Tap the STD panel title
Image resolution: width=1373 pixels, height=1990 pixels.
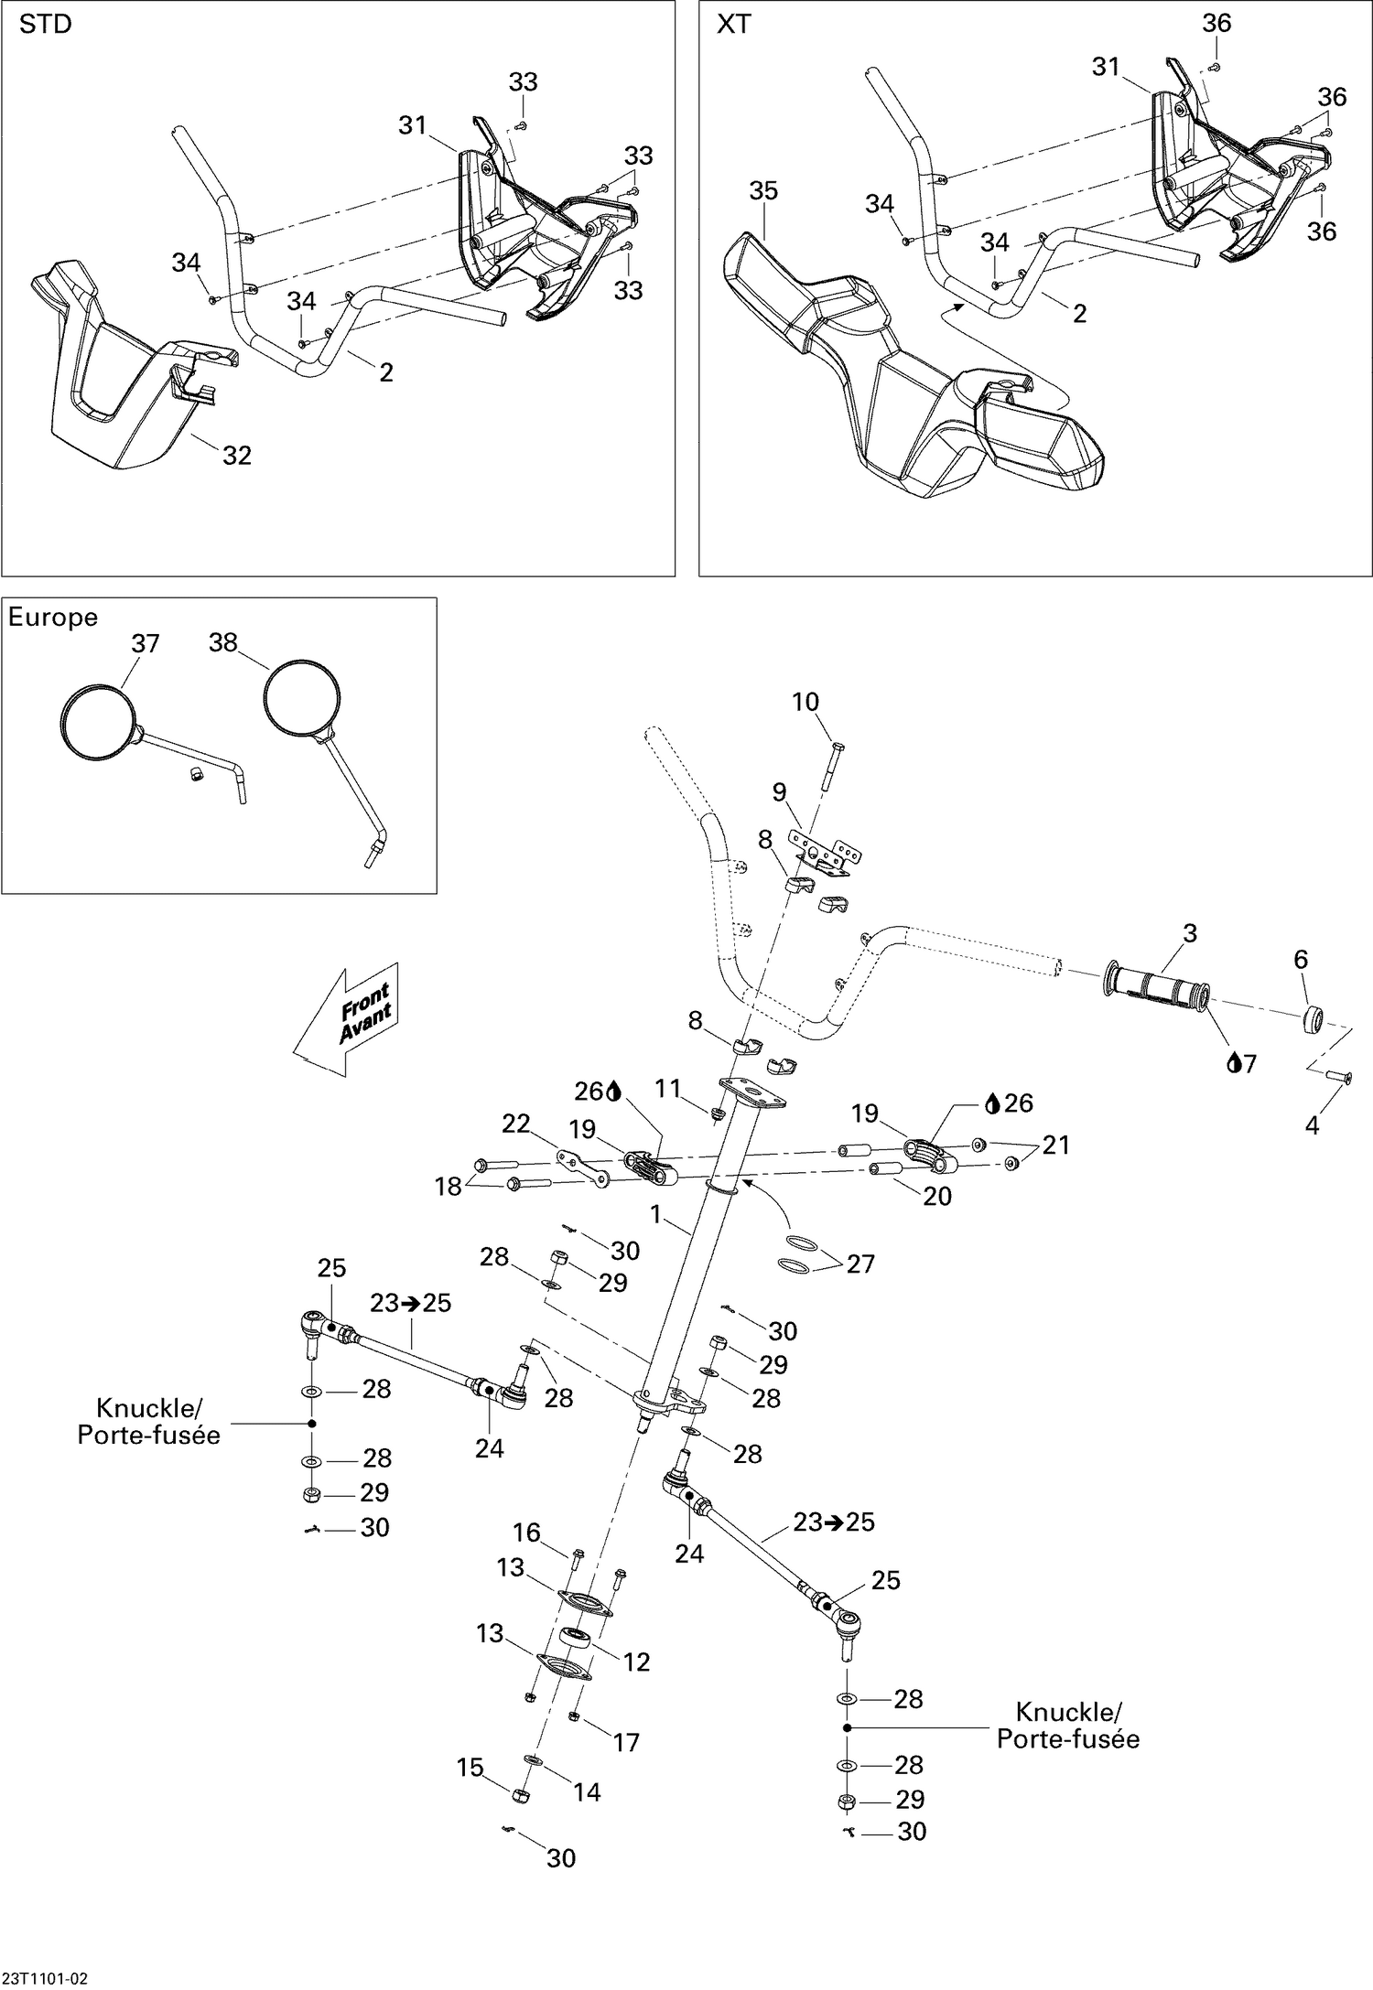click(45, 25)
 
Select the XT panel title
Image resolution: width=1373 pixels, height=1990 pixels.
click(733, 25)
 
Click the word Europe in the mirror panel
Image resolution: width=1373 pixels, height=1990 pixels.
click(52, 618)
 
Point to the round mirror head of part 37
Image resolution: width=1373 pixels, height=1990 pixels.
click(98, 722)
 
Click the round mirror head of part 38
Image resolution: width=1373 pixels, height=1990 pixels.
click(302, 698)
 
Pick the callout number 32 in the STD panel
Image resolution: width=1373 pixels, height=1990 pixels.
click(237, 455)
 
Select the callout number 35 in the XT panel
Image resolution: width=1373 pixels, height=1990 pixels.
click(762, 190)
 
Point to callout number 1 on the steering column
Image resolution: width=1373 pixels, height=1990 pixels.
click(654, 1213)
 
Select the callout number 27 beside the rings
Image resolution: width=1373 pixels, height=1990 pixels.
click(860, 1264)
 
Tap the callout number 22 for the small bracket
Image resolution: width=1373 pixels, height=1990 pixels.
click(516, 1123)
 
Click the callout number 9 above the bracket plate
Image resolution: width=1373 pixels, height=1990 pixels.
click(779, 791)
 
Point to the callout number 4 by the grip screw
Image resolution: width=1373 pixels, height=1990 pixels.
click(1312, 1125)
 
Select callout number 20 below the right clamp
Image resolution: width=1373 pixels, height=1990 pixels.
click(937, 1195)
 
